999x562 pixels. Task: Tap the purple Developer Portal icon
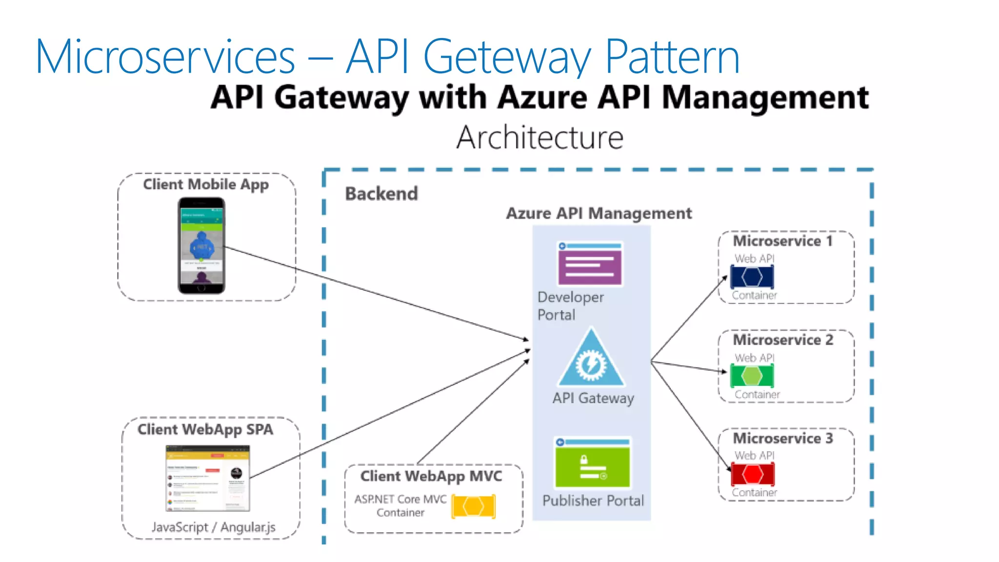[x=590, y=264]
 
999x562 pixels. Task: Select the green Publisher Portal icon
[x=592, y=462]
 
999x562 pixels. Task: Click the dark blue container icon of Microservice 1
[x=752, y=277]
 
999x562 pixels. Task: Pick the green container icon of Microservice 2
[x=752, y=376]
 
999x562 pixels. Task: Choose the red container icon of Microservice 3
[x=752, y=474]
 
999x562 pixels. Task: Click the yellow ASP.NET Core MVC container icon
[x=473, y=506]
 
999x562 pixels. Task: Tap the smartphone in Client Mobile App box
[x=201, y=245]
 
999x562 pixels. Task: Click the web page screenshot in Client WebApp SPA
[x=208, y=478]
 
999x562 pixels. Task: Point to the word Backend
[x=381, y=194]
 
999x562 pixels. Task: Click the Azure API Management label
[x=599, y=213]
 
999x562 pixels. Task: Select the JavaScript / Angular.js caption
[x=213, y=527]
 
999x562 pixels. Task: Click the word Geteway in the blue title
[x=507, y=57]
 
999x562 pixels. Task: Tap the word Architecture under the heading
[x=539, y=138]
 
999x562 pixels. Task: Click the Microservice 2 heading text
[x=782, y=340]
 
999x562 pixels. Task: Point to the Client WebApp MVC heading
[x=431, y=476]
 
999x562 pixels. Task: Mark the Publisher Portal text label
[x=593, y=501]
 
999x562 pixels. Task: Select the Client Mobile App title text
[x=205, y=184]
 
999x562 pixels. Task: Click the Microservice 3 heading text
[x=782, y=438]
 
